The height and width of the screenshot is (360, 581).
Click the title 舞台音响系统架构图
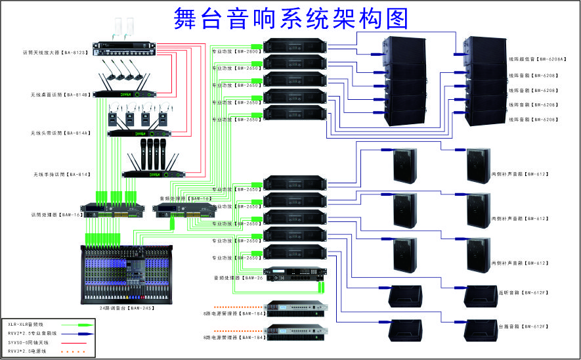click(291, 18)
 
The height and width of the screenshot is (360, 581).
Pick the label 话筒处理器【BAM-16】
click(56, 214)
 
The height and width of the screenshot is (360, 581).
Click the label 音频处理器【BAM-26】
click(237, 278)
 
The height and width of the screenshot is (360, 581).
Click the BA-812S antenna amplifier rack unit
click(125, 46)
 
